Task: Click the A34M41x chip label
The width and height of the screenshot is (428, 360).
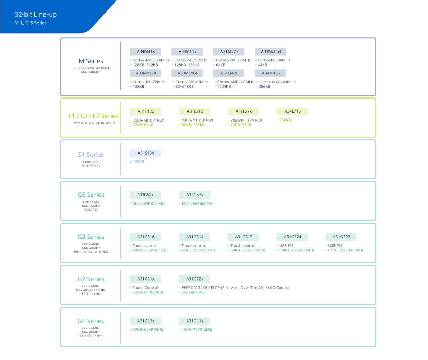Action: tap(146, 52)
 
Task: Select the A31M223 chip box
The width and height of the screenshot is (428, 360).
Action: tap(229, 52)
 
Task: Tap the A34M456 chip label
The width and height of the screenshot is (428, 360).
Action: tap(271, 73)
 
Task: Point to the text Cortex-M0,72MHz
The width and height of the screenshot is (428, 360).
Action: tap(149, 82)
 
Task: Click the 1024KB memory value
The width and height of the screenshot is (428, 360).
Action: tap(224, 87)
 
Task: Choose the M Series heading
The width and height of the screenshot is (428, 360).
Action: tap(91, 61)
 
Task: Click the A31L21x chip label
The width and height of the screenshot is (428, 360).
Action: tap(194, 111)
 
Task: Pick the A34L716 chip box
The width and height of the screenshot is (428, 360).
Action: tap(292, 111)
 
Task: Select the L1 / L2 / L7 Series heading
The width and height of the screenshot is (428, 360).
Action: tap(93, 116)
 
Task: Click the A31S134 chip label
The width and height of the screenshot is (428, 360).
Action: tap(146, 153)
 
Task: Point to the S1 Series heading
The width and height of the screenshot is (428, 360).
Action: tap(91, 155)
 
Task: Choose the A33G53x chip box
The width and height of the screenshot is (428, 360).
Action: tap(194, 195)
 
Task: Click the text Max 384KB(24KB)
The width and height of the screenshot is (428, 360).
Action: tap(148, 204)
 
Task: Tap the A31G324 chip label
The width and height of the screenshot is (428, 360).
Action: tap(292, 237)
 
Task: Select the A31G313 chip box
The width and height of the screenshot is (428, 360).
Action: tap(243, 237)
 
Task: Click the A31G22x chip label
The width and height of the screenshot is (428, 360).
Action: tap(194, 279)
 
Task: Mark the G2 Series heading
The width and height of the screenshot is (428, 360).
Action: tap(91, 279)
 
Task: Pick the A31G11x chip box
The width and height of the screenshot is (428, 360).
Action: tap(194, 321)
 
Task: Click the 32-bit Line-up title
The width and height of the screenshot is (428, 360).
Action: tap(36, 15)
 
